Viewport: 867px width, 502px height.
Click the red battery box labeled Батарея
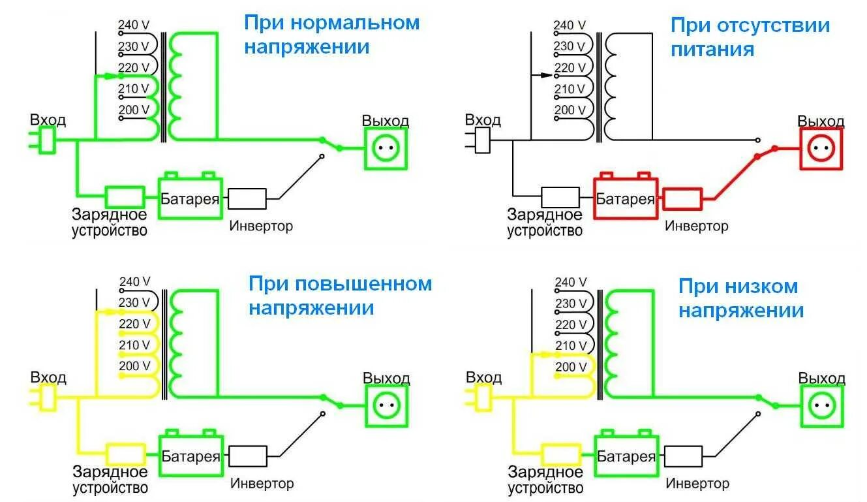click(626, 196)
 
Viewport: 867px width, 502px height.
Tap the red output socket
click(821, 149)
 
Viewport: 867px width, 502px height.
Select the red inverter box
click(682, 199)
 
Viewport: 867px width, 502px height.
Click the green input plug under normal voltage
click(42, 140)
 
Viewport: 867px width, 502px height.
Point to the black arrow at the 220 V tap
click(542, 75)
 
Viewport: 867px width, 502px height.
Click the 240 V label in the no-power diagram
click(570, 25)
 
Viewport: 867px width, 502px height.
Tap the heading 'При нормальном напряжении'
click(331, 35)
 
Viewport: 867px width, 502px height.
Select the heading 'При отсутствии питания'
click(750, 37)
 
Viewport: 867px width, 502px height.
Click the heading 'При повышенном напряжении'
click(340, 296)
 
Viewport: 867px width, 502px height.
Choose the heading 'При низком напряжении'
click(741, 298)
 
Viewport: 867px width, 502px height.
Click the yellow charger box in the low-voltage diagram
click(561, 455)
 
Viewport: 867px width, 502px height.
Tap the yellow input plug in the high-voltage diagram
click(43, 398)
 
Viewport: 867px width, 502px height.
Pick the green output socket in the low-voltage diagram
click(822, 406)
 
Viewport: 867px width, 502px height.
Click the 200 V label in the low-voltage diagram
click(571, 366)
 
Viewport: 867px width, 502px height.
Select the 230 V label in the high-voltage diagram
click(134, 302)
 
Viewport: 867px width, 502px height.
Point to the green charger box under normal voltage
click(125, 197)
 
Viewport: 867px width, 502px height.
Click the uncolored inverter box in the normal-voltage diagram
click(247, 198)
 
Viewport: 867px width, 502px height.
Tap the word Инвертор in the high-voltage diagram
click(262, 484)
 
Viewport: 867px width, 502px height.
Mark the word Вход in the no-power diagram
click(483, 120)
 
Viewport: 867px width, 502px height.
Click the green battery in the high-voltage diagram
click(190, 453)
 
